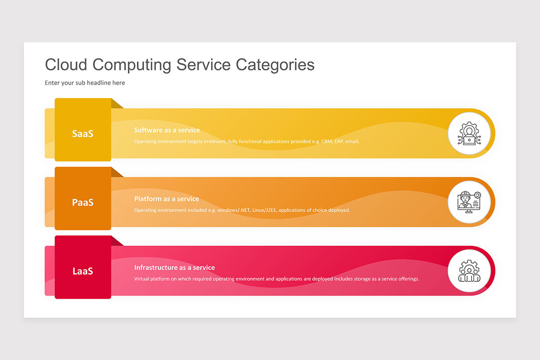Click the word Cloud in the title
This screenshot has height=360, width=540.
(x=66, y=64)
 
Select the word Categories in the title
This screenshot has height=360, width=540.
(x=275, y=65)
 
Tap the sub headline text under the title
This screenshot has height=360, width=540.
(x=85, y=83)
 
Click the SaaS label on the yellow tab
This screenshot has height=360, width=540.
(x=83, y=134)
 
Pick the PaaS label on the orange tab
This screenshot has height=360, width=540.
(x=83, y=202)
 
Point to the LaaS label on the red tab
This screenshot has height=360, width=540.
(x=83, y=271)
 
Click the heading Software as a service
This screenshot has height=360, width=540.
(x=167, y=130)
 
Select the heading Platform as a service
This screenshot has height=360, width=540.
(x=166, y=199)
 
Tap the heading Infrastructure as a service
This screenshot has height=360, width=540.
(x=175, y=267)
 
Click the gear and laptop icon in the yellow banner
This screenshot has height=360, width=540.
(x=469, y=133)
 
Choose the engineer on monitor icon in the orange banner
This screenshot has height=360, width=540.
(x=469, y=202)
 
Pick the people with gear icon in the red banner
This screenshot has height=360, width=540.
(x=469, y=271)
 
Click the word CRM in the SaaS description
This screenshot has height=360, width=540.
(x=327, y=141)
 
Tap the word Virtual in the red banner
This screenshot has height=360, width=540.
(x=141, y=279)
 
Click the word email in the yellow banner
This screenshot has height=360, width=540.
(x=352, y=141)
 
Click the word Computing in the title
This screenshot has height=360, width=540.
(x=132, y=65)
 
